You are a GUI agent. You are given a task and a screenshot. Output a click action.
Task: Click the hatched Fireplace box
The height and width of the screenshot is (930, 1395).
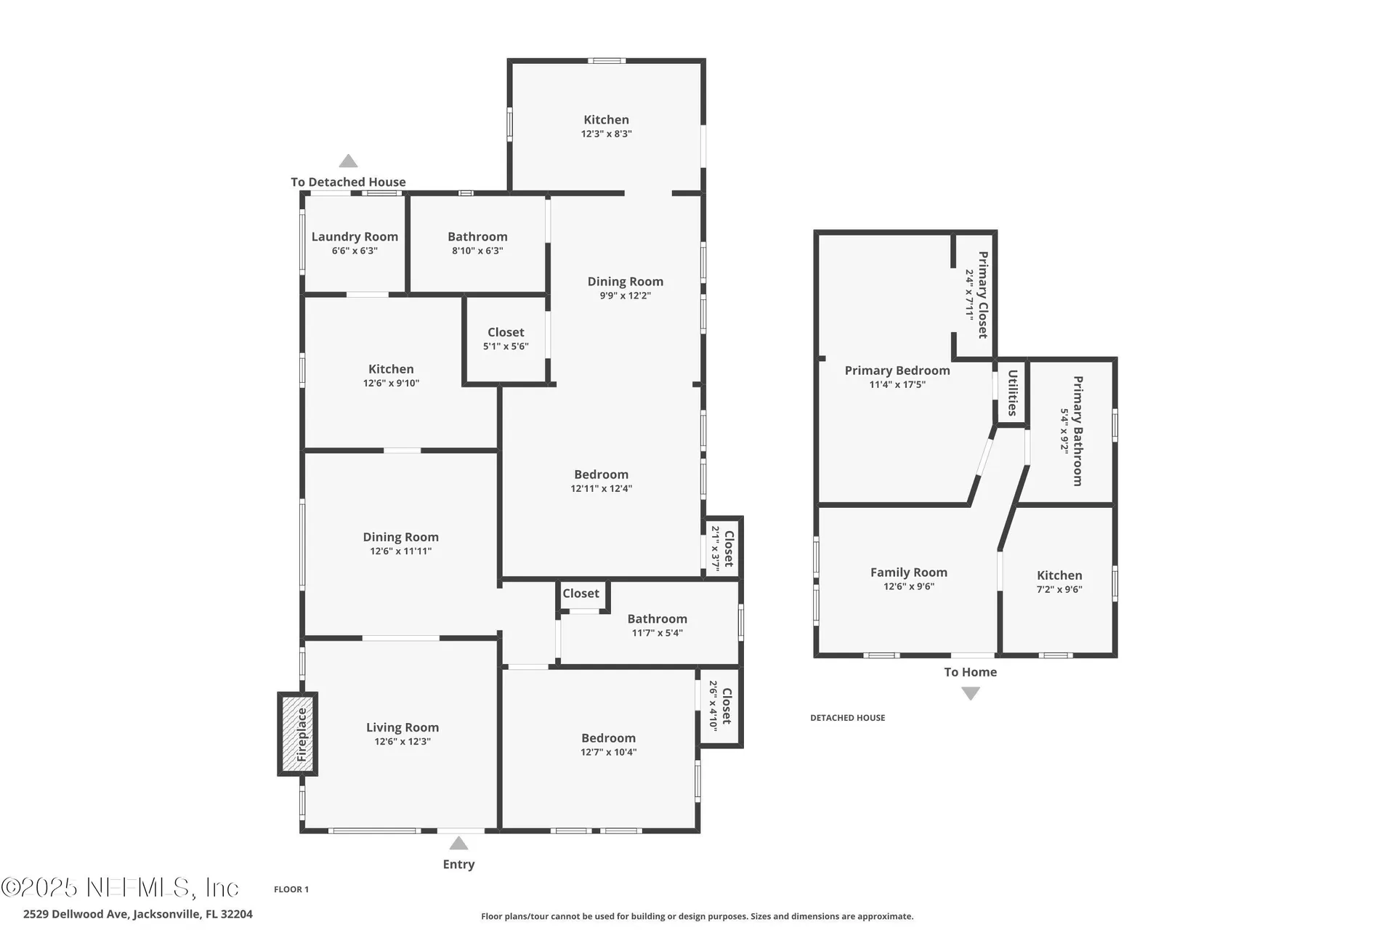tap(297, 734)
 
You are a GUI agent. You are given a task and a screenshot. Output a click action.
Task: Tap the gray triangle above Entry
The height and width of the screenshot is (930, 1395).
tap(458, 843)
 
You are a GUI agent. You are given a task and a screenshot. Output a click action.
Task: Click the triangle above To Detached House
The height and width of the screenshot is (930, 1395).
tap(348, 161)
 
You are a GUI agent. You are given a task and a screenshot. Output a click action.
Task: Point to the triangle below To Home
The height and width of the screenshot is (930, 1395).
tap(971, 694)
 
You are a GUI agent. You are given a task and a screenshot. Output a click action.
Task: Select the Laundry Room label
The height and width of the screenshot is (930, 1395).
tap(355, 237)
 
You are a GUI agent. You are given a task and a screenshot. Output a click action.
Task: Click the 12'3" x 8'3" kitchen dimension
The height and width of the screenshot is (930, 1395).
tap(606, 134)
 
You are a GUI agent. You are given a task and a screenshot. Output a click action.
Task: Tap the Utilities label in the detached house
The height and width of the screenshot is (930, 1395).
tap(1012, 393)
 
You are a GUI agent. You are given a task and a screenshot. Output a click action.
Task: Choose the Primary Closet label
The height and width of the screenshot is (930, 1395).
tap(982, 295)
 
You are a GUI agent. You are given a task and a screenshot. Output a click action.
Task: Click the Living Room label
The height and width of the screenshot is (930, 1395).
tap(403, 727)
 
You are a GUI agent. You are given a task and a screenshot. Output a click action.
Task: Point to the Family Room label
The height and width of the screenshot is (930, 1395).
tap(909, 573)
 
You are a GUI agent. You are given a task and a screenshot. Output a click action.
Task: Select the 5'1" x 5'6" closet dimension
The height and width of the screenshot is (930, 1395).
tap(506, 347)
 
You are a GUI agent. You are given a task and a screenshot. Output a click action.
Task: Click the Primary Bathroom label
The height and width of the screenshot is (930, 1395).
tap(1077, 431)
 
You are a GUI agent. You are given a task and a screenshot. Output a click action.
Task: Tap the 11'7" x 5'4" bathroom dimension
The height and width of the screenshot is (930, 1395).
tap(657, 633)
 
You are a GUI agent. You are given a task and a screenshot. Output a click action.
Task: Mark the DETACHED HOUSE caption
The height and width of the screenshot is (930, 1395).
tap(848, 718)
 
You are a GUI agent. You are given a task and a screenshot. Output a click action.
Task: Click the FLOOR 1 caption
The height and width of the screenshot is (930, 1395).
tap(291, 889)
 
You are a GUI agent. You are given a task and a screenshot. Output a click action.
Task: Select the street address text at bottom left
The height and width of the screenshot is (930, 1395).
tap(138, 914)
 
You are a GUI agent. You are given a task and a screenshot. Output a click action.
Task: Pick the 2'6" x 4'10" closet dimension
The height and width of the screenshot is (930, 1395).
tap(713, 705)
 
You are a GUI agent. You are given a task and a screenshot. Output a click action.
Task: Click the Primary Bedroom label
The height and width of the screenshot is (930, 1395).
tap(897, 371)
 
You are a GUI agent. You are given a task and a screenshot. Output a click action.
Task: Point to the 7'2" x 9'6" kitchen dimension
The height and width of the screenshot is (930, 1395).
tap(1059, 589)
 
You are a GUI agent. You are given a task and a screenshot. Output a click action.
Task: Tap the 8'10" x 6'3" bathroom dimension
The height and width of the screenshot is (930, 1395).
tap(477, 251)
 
